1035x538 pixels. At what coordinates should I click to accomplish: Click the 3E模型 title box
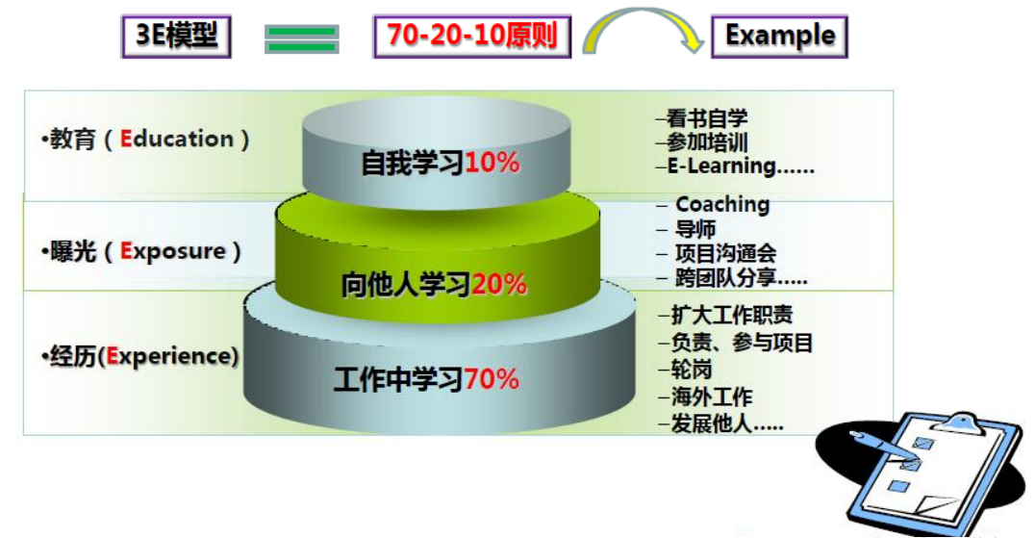tap(176, 37)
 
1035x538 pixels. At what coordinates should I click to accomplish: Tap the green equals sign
tap(302, 38)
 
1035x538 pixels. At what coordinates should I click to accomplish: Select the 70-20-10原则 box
tap(472, 37)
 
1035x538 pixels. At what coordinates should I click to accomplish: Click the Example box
tap(779, 37)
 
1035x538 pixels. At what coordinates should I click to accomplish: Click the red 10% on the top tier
tap(492, 163)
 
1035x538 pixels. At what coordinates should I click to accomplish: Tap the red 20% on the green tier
tap(499, 285)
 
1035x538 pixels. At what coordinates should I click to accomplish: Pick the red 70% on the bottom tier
tap(492, 379)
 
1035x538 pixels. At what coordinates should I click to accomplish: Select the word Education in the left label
tap(177, 139)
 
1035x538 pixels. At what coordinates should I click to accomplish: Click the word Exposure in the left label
tap(173, 251)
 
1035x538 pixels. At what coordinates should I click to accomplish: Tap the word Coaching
tap(722, 205)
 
